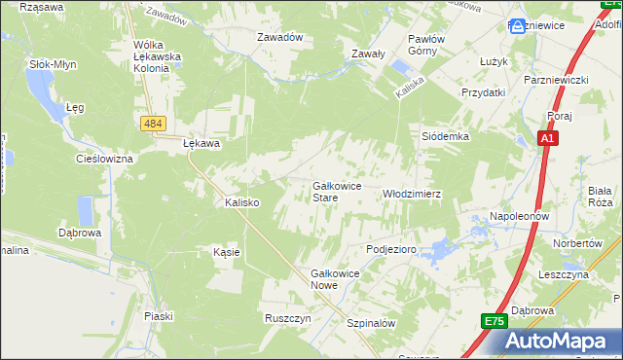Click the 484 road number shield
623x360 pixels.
151,124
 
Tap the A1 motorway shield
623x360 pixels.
549,139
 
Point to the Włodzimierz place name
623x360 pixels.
412,194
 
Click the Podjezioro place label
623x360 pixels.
391,249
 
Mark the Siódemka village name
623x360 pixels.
445,137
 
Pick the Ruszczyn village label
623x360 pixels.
287,318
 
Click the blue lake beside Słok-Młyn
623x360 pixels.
40,93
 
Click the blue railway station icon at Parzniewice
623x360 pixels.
518,25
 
